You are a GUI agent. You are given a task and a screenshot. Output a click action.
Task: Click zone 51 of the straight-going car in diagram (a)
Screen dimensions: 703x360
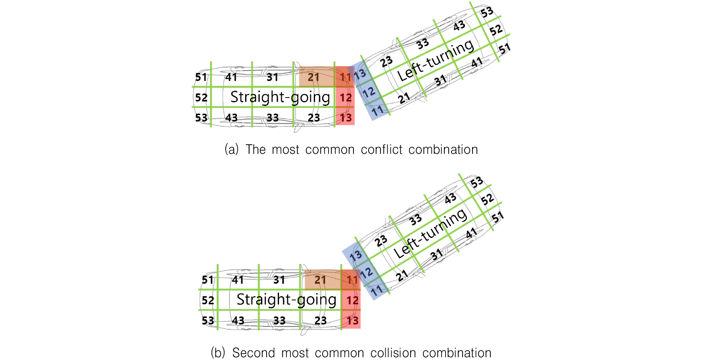tap(201, 77)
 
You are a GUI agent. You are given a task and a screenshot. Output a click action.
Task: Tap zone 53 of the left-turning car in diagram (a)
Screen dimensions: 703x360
tap(487, 12)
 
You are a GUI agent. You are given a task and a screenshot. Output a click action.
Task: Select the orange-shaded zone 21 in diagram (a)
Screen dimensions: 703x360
tap(316, 77)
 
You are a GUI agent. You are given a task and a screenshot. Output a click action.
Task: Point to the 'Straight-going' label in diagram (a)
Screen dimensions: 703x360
tap(280, 97)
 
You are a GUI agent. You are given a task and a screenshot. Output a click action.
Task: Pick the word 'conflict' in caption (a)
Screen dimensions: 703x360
tap(382, 149)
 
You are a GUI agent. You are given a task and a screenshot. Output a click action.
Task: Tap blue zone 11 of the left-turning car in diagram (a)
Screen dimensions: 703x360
tap(377, 110)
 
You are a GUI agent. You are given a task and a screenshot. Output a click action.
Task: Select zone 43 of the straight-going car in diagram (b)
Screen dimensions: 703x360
tap(238, 320)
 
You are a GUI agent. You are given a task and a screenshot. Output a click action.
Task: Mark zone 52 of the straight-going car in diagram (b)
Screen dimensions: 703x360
tap(208, 300)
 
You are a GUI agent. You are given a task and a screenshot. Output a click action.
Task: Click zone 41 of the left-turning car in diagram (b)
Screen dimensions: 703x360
tap(471, 234)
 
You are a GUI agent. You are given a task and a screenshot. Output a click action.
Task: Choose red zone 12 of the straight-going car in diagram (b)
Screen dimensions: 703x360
tap(351, 300)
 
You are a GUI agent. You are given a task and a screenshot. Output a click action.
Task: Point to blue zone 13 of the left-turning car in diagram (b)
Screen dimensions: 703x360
tap(355, 255)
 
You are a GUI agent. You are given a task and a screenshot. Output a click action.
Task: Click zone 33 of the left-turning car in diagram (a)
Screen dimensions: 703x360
tap(423, 43)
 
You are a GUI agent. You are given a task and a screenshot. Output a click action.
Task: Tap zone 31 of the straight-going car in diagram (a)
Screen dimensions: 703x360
tap(272, 77)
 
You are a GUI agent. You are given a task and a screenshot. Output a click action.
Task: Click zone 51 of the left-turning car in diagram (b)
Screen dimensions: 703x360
tap(497, 217)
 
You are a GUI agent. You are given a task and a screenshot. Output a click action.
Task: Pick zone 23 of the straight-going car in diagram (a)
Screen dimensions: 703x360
tap(313, 117)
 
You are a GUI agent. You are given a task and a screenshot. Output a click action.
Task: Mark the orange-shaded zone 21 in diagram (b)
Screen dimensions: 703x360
tap(323, 280)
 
